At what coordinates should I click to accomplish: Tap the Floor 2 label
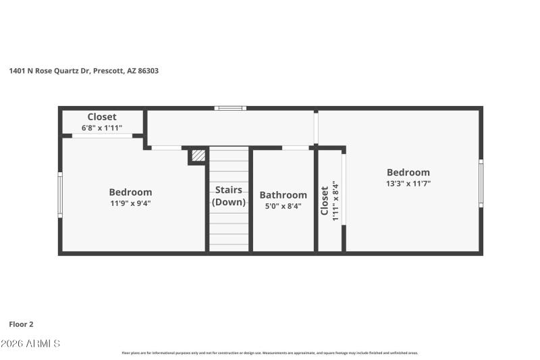tap(22, 324)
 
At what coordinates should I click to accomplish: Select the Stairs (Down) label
tap(229, 197)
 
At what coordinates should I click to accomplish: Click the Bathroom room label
tap(283, 195)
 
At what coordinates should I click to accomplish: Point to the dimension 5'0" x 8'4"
tap(283, 207)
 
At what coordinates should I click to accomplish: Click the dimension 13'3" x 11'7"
tap(408, 183)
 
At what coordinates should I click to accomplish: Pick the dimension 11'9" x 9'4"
tap(130, 203)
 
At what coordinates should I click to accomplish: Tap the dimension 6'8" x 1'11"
tap(102, 128)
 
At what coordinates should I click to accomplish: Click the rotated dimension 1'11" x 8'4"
tap(335, 201)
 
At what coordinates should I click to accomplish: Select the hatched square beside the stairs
tap(197, 156)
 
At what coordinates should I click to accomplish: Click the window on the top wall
tap(230, 108)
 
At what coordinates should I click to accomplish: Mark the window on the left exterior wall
tap(60, 195)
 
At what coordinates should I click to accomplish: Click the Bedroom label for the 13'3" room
tap(408, 172)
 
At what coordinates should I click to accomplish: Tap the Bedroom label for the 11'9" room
tap(130, 192)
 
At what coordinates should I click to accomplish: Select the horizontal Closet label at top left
tap(102, 117)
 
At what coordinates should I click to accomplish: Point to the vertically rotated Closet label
tap(325, 201)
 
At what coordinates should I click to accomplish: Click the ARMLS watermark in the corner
tap(30, 344)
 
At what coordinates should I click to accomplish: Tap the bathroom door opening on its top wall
tap(295, 148)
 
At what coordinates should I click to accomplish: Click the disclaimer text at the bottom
tap(270, 353)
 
